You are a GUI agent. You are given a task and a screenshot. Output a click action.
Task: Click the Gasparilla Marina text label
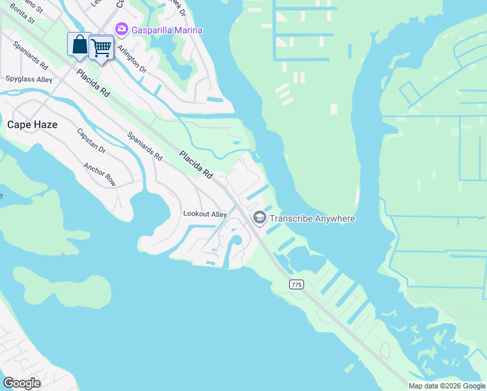pyautogui.click(x=167, y=30)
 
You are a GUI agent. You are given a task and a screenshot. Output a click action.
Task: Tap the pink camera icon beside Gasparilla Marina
pyautogui.click(x=120, y=29)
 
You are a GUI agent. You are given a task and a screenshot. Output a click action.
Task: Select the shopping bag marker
pyautogui.click(x=79, y=44)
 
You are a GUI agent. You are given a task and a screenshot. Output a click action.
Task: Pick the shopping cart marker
pyautogui.click(x=101, y=47)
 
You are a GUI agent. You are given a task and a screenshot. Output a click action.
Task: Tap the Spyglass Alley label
pyautogui.click(x=29, y=79)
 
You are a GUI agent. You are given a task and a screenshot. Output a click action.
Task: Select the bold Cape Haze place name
pyautogui.click(x=32, y=124)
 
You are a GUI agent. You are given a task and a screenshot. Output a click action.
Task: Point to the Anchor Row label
pyautogui.click(x=99, y=174)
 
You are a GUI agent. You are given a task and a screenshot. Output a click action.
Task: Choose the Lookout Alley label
pyautogui.click(x=204, y=214)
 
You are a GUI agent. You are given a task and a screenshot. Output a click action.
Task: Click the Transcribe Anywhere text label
pyautogui.click(x=313, y=218)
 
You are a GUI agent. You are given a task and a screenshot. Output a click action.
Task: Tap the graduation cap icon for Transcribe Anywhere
pyautogui.click(x=259, y=218)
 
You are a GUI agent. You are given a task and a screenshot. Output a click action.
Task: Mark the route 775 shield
pyautogui.click(x=296, y=284)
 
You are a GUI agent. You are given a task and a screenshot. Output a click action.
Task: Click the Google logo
pyautogui.click(x=21, y=383)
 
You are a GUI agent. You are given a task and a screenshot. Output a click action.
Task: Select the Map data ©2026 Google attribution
pyautogui.click(x=446, y=386)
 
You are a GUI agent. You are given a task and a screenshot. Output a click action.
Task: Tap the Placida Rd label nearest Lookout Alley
pyautogui.click(x=196, y=166)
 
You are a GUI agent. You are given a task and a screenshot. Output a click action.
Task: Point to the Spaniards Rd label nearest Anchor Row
pyautogui.click(x=145, y=146)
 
